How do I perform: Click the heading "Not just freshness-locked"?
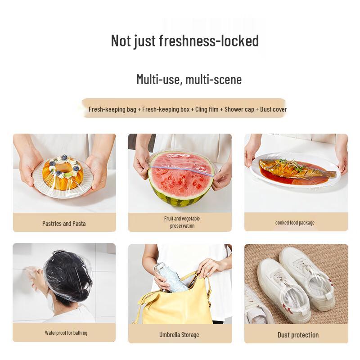click(184, 41)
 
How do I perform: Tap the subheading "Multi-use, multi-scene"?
click(189, 80)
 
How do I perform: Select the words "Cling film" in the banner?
click(207, 109)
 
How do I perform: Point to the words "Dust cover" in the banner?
click(274, 109)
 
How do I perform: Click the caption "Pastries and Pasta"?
click(64, 223)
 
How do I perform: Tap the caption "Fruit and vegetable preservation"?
click(182, 222)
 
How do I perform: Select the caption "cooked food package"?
click(295, 222)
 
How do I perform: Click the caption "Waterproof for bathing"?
click(66, 333)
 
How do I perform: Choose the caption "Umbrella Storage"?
click(179, 335)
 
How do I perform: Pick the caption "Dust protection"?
click(298, 335)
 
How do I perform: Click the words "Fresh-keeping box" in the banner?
click(166, 109)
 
